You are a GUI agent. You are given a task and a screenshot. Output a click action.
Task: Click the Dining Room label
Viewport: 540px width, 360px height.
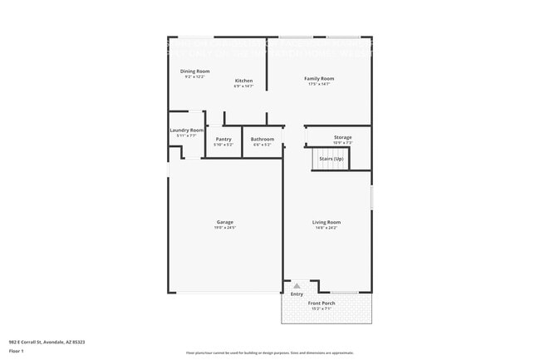195,72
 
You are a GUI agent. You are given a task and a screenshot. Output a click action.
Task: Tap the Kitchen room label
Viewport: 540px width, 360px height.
243,81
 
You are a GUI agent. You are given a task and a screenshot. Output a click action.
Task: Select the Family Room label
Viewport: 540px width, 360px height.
318,78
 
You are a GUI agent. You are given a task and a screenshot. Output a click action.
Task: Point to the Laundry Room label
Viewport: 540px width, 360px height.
187,131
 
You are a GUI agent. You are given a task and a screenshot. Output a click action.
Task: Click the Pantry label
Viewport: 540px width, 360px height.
223,139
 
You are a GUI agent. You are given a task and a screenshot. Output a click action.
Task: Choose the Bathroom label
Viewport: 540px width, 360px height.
263,139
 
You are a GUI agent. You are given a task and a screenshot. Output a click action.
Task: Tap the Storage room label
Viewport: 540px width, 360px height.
343,137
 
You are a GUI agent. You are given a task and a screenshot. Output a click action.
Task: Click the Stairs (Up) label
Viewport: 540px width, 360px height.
331,157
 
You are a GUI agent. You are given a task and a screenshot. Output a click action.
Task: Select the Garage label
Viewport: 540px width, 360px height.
225,222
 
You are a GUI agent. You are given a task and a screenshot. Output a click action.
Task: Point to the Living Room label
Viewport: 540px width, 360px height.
326,222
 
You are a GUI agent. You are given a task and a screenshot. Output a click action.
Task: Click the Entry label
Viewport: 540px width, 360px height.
297,293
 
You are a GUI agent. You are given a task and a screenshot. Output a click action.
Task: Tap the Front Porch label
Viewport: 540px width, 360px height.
321,303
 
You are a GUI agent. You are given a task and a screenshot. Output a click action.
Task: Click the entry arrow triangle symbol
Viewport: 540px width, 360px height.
297,284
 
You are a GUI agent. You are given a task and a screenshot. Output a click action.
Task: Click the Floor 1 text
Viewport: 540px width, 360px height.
16,351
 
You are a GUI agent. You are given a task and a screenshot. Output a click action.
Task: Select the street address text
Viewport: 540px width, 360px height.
47,342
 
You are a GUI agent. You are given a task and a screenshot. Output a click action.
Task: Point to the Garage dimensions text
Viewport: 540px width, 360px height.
225,227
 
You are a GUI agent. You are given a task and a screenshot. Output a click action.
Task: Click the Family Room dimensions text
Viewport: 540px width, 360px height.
318,84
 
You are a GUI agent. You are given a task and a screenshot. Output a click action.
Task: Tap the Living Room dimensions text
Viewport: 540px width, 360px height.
326,227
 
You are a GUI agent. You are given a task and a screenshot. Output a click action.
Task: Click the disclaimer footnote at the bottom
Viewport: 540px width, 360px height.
269,353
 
